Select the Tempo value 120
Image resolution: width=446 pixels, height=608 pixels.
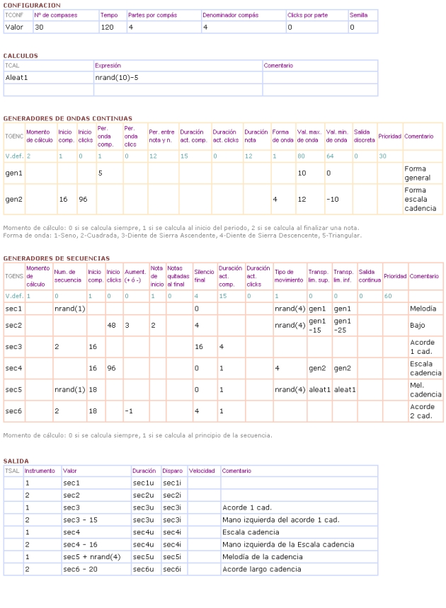click(107, 28)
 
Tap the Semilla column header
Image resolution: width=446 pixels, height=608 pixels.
click(358, 15)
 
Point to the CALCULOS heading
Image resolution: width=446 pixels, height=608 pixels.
click(21, 55)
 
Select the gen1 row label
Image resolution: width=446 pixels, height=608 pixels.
click(13, 173)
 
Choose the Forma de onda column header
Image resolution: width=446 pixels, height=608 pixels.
click(280, 136)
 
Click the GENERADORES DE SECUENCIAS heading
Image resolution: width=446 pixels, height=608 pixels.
click(56, 258)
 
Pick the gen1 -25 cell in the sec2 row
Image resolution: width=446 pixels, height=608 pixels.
click(343, 326)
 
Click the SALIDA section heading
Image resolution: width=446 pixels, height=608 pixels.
click(16, 461)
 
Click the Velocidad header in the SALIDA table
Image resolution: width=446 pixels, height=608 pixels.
click(202, 470)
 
